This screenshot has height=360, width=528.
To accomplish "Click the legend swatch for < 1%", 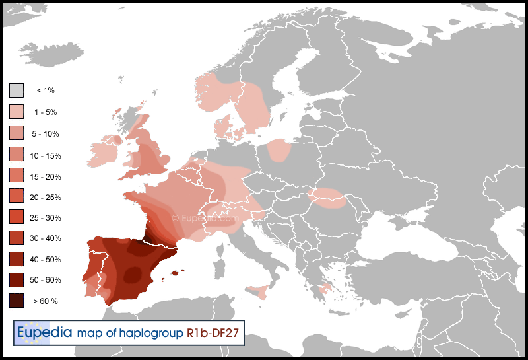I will tap(16, 90).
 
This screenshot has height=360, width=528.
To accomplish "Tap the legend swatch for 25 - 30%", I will tap(16, 217).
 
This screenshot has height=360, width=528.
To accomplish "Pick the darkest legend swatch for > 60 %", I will tap(16, 301).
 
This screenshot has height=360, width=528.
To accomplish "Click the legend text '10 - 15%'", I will tap(46, 155).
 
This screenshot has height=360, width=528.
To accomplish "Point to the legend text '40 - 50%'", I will tap(46, 259).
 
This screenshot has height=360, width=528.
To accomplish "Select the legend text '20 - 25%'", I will tap(46, 197).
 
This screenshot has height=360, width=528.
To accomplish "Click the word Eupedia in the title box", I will tap(44, 332).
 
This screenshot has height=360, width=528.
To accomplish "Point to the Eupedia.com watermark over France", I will tap(205, 217).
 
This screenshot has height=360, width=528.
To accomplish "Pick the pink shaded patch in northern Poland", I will tap(280, 150).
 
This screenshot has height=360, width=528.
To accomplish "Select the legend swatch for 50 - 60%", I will tap(16, 279).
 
